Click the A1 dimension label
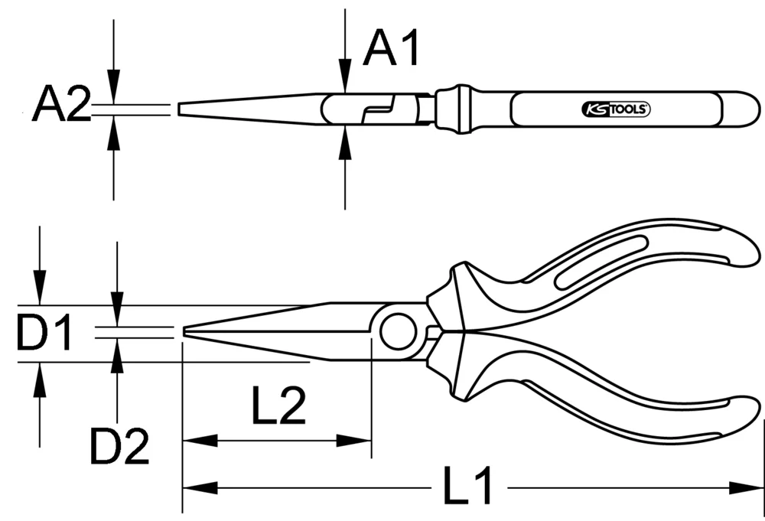392,48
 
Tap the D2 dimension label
119,446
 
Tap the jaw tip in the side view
187,331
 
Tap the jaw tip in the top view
181,109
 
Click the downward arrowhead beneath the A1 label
345,83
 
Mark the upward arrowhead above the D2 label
116,356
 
